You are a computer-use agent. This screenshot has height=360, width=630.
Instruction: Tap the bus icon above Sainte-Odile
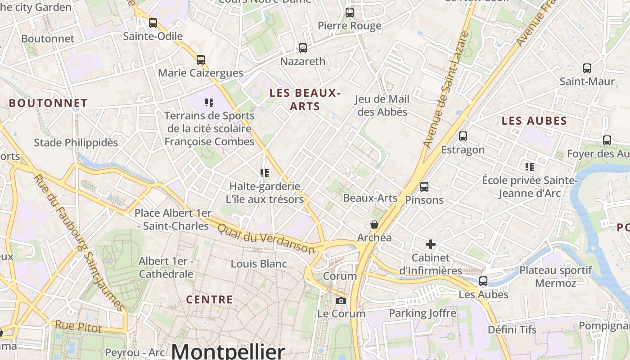[x=153, y=22]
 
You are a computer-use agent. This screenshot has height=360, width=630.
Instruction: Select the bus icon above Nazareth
[x=303, y=48]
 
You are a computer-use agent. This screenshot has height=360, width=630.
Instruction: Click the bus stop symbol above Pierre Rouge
[x=350, y=13]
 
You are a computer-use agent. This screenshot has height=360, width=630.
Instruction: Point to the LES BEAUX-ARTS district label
[x=305, y=99]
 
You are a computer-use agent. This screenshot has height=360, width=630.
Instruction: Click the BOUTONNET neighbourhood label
[x=48, y=103]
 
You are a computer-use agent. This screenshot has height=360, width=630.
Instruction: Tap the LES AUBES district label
[x=534, y=121]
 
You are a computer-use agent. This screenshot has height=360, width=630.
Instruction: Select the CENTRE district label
[x=210, y=300]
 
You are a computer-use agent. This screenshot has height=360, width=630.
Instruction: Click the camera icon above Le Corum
[x=341, y=300]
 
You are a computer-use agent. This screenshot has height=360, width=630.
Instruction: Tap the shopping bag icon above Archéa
[x=374, y=224]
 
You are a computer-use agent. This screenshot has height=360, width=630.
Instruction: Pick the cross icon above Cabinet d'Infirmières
[x=431, y=244]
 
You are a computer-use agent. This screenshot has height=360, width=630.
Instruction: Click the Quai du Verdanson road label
[x=266, y=238]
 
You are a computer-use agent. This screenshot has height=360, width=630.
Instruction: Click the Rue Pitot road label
[x=78, y=326]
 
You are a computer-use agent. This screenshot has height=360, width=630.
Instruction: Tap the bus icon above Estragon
[x=463, y=136]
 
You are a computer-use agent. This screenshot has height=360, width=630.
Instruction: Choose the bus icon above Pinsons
[x=424, y=186]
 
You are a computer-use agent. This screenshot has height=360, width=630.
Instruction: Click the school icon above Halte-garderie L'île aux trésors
[x=265, y=173]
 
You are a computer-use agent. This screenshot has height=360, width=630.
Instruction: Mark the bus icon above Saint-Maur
[x=587, y=68]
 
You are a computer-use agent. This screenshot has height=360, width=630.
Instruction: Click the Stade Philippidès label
[x=76, y=143]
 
